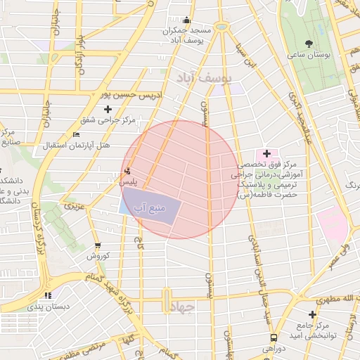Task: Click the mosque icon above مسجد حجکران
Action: pos(186,22)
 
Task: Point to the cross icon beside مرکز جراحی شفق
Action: pos(108,109)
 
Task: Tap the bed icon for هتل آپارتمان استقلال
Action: pos(77,135)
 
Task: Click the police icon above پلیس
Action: pos(127,171)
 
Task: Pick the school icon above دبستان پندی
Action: pos(48,296)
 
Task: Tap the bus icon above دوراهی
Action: pos(273,337)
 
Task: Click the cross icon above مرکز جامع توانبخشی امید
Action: pos(312,314)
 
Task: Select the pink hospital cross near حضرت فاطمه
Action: pos(266,153)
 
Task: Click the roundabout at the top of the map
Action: pos(222,27)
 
